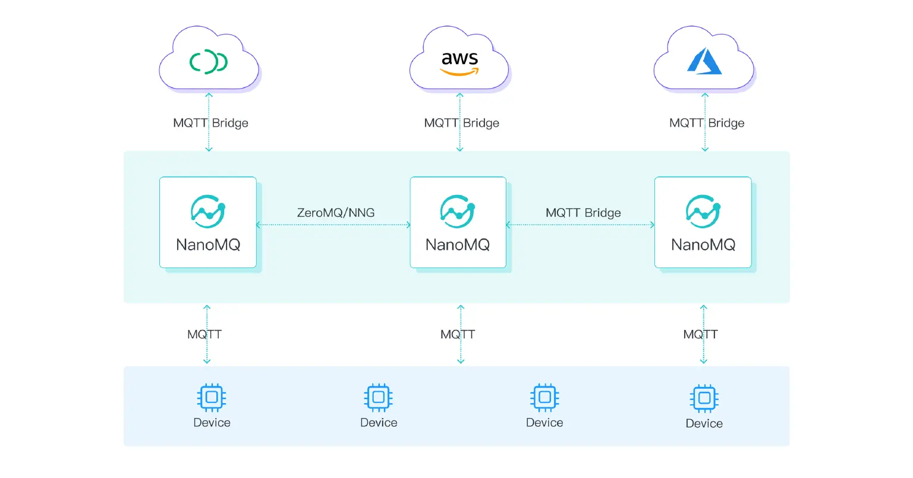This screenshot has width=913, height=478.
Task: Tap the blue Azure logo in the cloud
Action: [704, 61]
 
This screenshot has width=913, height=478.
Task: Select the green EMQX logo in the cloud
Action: [208, 62]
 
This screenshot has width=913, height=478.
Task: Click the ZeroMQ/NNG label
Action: [336, 213]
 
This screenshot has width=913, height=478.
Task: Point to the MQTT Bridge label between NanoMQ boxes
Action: [583, 213]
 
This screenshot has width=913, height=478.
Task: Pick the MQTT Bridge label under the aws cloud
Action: [461, 123]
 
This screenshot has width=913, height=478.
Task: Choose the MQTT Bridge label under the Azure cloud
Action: [707, 123]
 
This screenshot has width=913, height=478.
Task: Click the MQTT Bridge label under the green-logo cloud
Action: [210, 123]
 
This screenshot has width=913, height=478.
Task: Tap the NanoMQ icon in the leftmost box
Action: [208, 211]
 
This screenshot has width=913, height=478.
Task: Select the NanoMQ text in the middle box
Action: [458, 245]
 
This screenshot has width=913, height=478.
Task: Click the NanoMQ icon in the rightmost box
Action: [703, 211]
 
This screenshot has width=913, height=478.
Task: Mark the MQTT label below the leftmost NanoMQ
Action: [204, 335]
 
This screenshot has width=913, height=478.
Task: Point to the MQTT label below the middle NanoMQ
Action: [458, 335]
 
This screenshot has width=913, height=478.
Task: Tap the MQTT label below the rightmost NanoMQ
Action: [700, 335]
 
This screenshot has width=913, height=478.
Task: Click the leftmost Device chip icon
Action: [212, 397]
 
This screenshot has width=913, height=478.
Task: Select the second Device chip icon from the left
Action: [379, 397]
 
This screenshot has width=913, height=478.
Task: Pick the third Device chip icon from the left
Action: [544, 397]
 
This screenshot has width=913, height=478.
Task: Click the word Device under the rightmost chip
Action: [704, 423]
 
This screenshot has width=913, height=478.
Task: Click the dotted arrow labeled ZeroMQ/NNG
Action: [333, 225]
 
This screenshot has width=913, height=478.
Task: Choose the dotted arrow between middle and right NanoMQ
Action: [580, 225]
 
